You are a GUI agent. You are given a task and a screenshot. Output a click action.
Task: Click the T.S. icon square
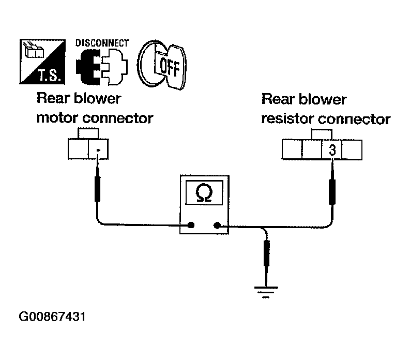42,62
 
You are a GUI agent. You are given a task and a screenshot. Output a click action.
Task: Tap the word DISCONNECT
102,43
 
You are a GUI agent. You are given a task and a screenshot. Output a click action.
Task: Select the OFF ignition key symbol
162,65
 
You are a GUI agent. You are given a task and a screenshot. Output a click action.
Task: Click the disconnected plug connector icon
102,67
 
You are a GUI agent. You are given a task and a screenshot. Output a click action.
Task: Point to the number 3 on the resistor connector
332,150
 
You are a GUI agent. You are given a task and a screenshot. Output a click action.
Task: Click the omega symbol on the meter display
204,192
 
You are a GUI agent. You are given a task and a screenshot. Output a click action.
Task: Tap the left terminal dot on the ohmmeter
191,225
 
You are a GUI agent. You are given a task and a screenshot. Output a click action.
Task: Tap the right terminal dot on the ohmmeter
217,225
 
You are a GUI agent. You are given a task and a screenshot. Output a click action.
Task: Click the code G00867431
52,317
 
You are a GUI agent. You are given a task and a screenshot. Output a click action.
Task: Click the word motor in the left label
57,118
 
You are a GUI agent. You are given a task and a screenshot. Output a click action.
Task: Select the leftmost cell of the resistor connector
292,149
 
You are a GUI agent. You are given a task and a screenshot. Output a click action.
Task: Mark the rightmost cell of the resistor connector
352,149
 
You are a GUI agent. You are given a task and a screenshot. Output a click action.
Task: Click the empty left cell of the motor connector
78,149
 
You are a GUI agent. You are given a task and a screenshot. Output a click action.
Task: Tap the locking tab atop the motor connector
88,133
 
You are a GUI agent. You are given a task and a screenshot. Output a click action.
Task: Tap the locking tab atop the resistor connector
322,134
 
